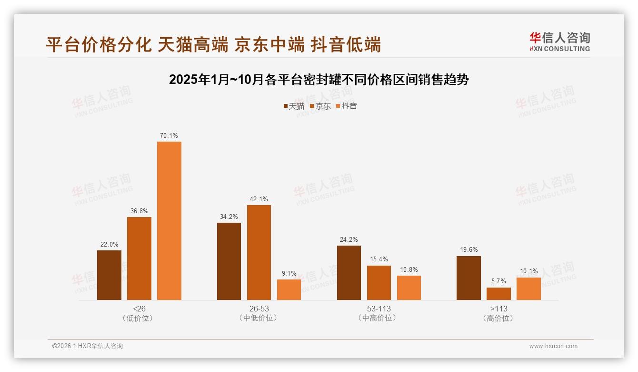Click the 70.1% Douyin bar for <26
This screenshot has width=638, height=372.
point(169,221)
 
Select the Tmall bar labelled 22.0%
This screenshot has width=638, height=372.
point(109,275)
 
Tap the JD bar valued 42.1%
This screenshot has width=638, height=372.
point(259,252)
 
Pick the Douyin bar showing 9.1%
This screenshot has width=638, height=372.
point(289,289)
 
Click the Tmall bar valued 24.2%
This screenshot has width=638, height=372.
point(349,273)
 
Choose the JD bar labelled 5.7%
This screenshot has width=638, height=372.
point(498,294)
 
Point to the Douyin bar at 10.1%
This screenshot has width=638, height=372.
point(528,289)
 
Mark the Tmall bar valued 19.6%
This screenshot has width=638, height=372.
point(469,278)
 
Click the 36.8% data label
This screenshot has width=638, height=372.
point(139,211)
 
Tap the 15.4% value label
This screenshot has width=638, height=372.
point(379,259)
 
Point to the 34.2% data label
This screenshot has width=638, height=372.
point(229,217)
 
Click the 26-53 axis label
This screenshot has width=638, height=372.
point(259,309)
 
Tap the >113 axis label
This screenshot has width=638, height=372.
point(498,309)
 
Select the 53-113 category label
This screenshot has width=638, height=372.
point(379,309)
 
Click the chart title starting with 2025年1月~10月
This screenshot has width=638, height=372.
point(319,80)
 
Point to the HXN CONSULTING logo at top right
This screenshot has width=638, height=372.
point(559,41)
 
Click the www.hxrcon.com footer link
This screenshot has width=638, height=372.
point(553,346)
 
